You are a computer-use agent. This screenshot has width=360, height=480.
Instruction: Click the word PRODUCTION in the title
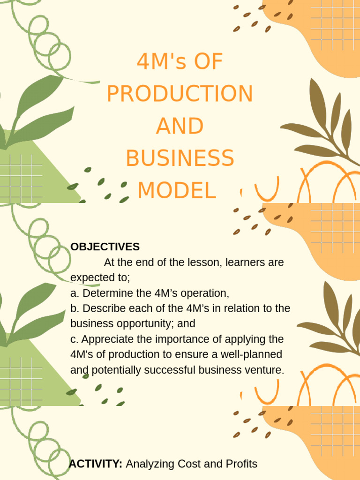[x=180, y=94]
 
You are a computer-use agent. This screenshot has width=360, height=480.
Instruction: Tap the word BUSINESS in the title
[x=180, y=158]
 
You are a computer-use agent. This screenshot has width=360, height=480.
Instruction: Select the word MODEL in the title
[x=177, y=190]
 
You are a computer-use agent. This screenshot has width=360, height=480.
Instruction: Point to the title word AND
[x=180, y=127]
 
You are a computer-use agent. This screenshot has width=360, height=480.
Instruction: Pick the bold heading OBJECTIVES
[x=105, y=247]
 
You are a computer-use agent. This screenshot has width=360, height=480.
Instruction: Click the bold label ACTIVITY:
[x=96, y=464]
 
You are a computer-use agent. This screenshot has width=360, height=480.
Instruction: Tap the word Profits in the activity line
[x=242, y=464]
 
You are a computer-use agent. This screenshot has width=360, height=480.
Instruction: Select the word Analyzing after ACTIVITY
[x=150, y=464]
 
